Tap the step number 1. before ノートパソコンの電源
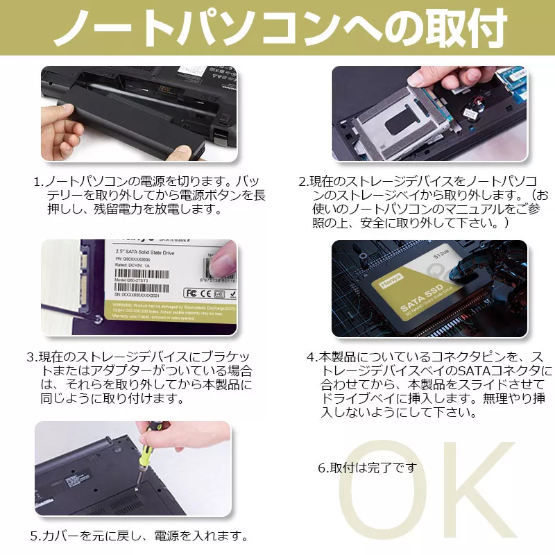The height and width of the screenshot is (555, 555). tap(39, 182)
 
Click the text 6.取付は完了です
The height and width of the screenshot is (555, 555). tap(367, 468)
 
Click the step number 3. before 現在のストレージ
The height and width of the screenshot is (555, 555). tap(31, 357)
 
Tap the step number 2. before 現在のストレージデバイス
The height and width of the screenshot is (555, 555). tap(303, 182)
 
